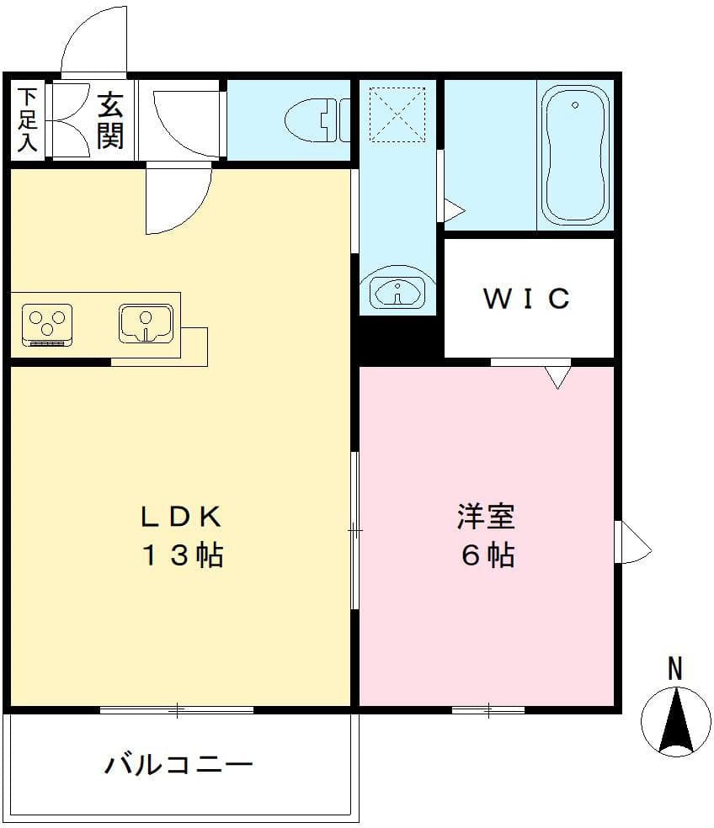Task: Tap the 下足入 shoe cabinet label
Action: point(28,119)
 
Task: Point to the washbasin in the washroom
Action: point(397,292)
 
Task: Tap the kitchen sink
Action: point(146,323)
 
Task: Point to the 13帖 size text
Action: point(180,555)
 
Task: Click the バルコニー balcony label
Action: point(178,765)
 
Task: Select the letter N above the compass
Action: point(674,669)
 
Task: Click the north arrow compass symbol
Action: point(675,720)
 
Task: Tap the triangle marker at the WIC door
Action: point(557,378)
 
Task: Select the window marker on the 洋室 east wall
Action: point(633,543)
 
